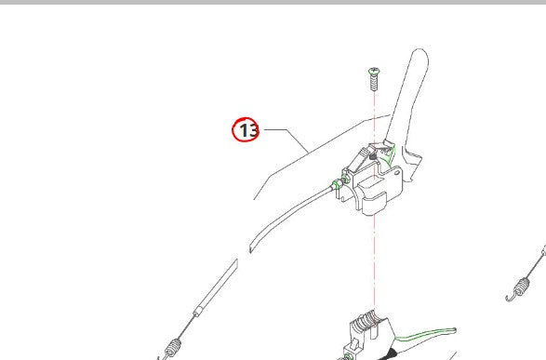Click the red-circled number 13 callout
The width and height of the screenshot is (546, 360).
(x=246, y=129)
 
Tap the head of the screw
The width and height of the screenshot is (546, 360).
(x=374, y=72)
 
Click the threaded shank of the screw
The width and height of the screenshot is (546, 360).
(x=374, y=83)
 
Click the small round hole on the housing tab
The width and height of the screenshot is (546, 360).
(x=396, y=172)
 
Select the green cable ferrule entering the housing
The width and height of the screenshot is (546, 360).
(x=337, y=184)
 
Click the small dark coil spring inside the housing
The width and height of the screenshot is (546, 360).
(x=373, y=157)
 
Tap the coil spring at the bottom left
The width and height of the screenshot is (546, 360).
(x=173, y=348)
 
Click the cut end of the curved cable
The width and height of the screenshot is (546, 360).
(x=251, y=247)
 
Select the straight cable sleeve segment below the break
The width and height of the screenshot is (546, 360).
(x=217, y=287)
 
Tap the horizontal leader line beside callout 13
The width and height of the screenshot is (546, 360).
(x=275, y=129)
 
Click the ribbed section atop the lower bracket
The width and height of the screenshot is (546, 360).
(x=365, y=320)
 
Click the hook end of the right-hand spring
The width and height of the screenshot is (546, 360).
(x=509, y=298)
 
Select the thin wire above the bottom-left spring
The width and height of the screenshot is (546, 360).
(x=187, y=327)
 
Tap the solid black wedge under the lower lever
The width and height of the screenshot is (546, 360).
(x=389, y=354)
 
